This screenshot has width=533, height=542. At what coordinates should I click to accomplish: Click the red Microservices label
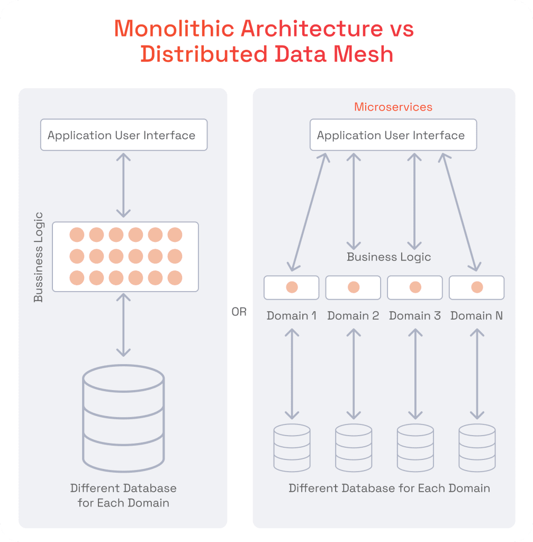[x=393, y=107]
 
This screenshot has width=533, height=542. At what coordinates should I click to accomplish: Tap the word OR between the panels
[x=239, y=312]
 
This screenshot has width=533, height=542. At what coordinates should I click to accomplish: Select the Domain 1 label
[x=292, y=316]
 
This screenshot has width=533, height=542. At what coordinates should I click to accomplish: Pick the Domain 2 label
[x=353, y=316]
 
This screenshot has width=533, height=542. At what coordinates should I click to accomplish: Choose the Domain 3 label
[x=415, y=316]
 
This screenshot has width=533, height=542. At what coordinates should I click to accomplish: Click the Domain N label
[x=476, y=316]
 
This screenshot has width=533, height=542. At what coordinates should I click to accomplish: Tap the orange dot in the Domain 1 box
[x=292, y=287]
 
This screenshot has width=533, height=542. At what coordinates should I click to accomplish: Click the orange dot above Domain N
[x=477, y=287]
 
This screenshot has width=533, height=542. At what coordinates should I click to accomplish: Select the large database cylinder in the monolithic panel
[x=123, y=418]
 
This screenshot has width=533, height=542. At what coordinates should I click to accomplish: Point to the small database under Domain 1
[x=292, y=447]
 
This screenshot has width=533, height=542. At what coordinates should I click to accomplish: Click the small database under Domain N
[x=477, y=447]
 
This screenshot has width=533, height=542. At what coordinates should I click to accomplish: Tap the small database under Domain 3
[x=415, y=447]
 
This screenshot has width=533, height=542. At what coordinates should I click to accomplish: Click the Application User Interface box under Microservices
[x=393, y=135]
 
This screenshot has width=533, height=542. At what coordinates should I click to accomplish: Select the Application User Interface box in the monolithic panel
[x=123, y=135]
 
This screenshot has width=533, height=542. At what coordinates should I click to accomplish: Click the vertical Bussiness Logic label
[x=38, y=257]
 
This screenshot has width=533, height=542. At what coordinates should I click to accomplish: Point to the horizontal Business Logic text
[x=389, y=257]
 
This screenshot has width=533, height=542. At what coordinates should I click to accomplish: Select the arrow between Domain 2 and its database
[x=353, y=374]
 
